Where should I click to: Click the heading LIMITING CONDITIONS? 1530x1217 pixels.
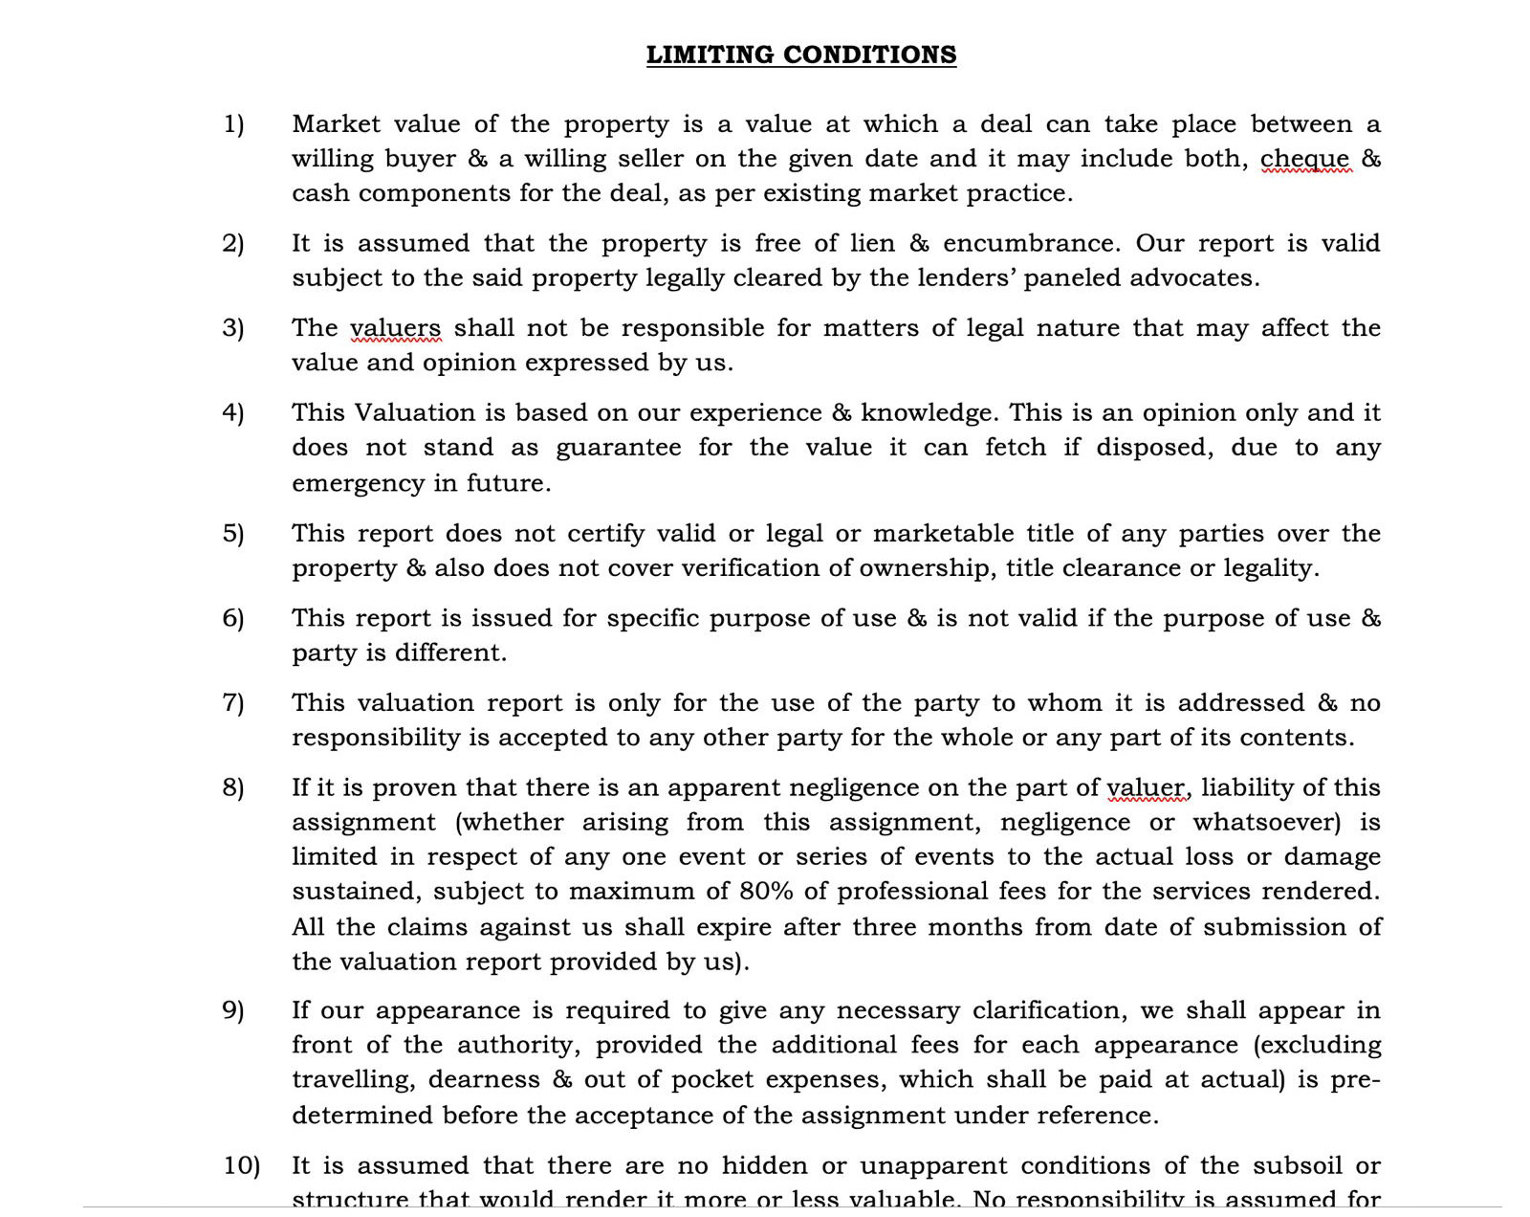801,55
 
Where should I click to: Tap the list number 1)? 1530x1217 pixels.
233,124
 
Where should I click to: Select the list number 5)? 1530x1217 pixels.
233,533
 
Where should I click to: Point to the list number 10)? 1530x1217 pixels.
241,1165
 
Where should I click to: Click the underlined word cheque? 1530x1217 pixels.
1305,159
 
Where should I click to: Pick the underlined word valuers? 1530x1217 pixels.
395,328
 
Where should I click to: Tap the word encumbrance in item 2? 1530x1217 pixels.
1028,243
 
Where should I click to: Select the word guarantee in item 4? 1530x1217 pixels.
618,448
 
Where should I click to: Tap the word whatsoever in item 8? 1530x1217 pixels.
1266,822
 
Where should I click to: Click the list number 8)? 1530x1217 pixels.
233,787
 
